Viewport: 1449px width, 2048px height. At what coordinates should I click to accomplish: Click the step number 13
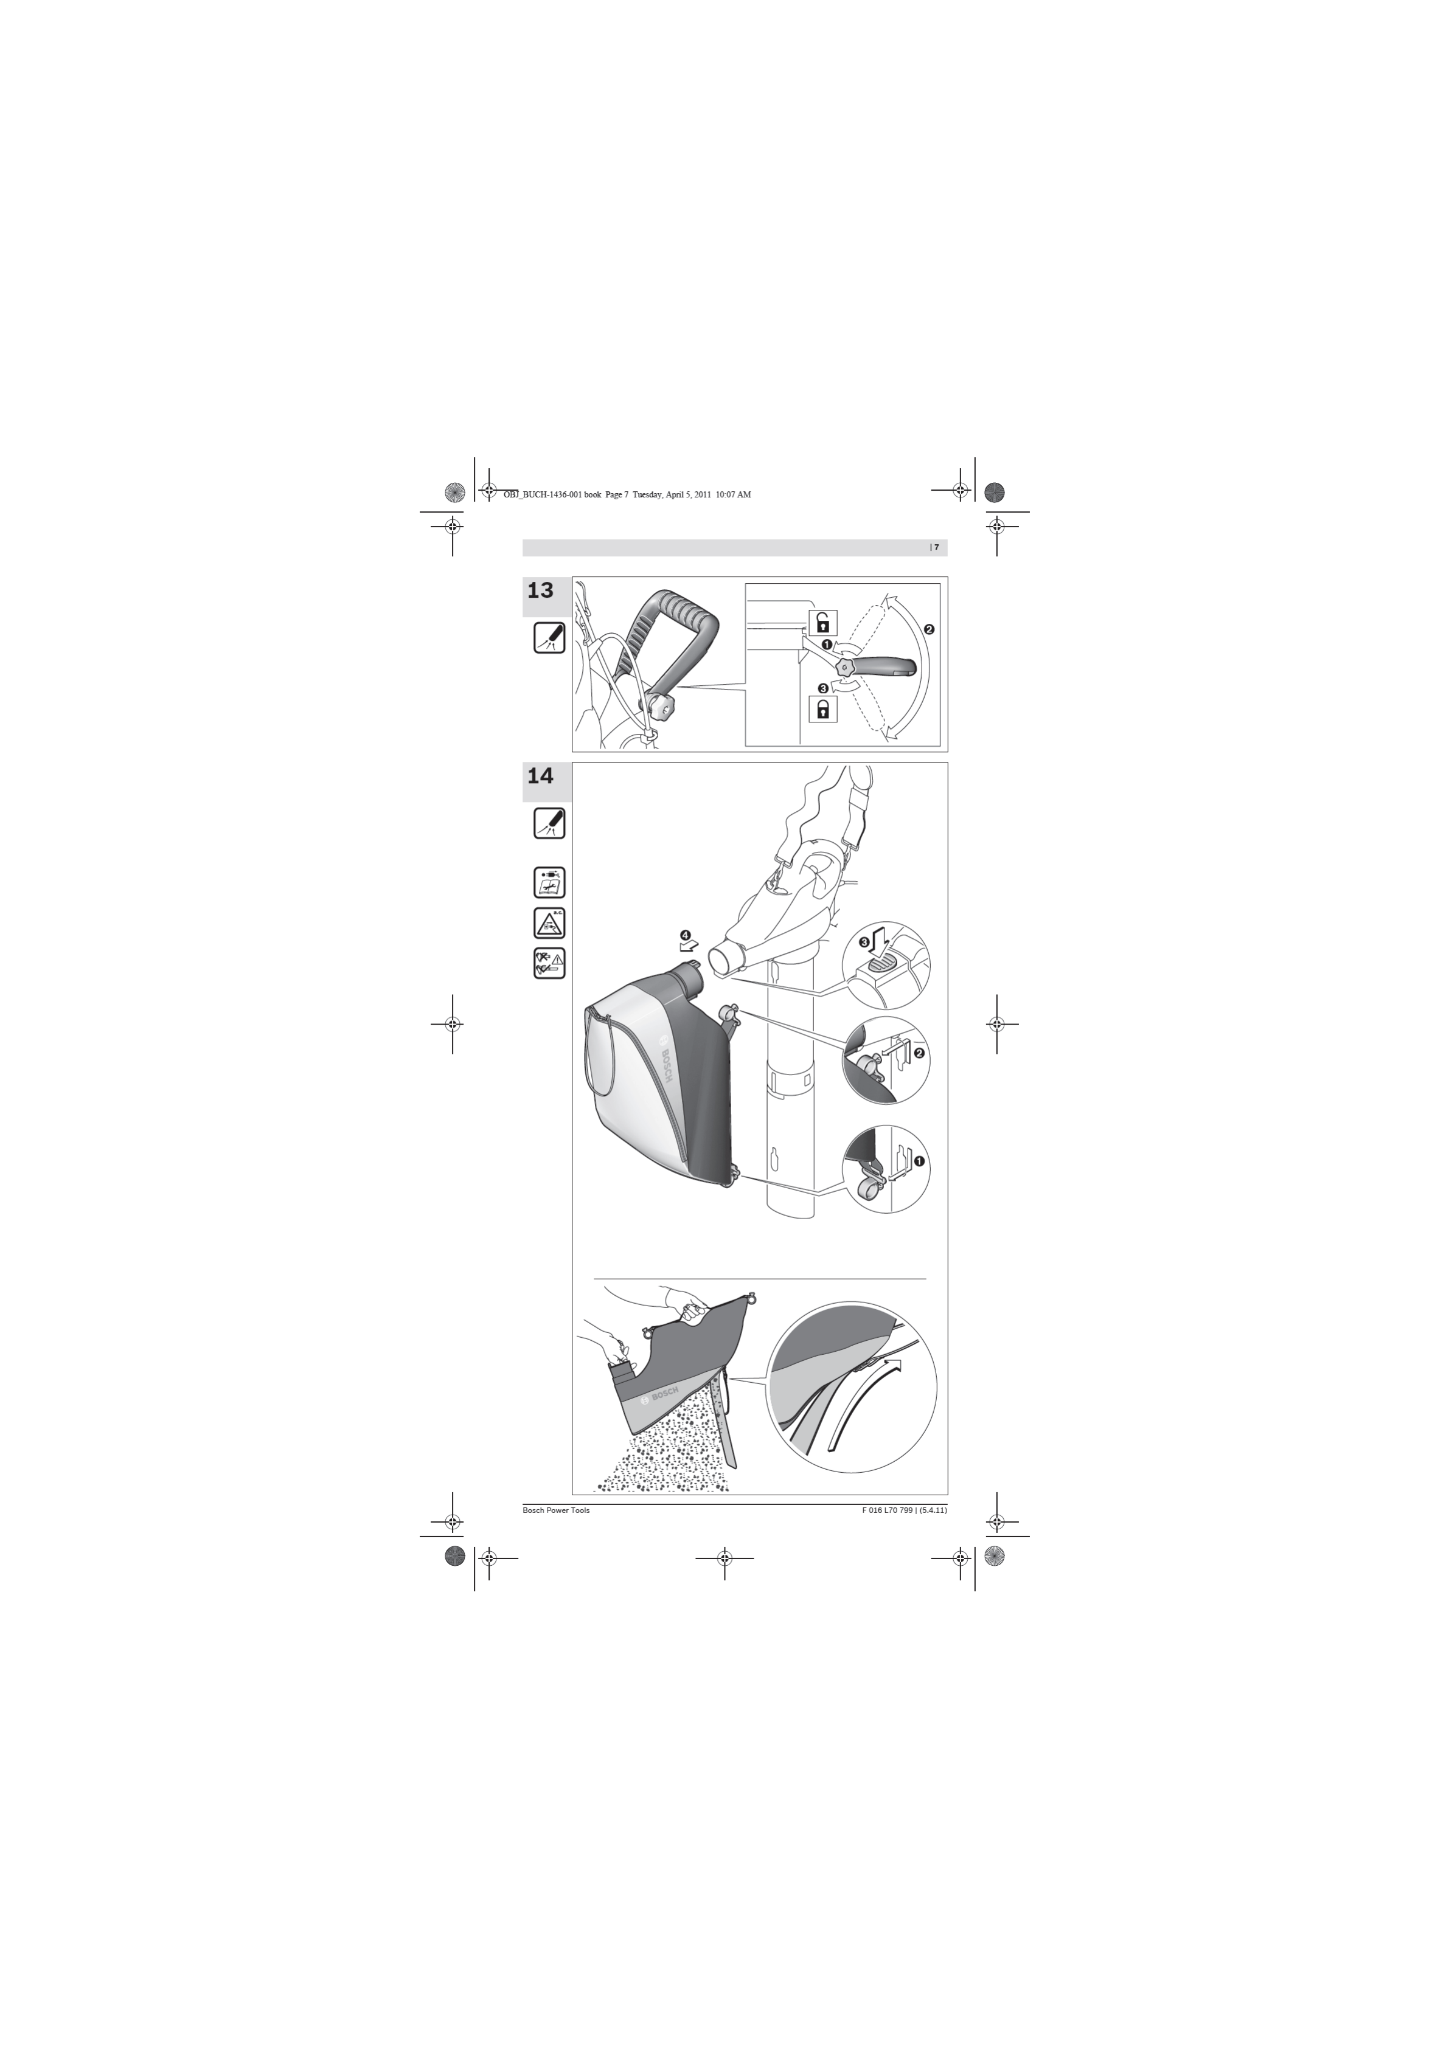541,590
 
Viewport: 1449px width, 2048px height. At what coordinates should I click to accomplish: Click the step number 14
541,776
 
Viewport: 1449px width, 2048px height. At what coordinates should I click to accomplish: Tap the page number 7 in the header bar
937,547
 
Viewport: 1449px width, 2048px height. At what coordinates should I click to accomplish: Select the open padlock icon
822,621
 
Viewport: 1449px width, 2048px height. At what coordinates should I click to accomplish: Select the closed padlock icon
822,709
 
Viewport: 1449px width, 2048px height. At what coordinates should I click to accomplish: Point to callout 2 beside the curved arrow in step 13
929,629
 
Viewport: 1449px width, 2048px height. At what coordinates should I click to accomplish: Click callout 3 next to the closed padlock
822,688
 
